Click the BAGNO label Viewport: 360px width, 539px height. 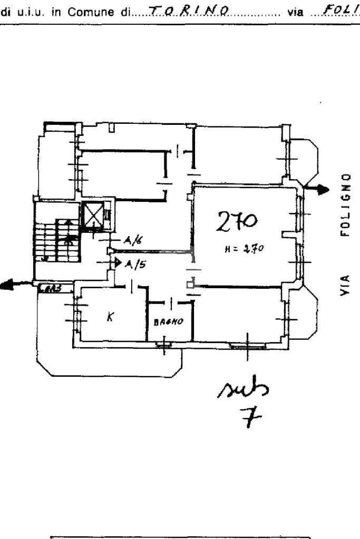[169, 320]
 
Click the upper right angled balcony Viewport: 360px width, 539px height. [303, 158]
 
